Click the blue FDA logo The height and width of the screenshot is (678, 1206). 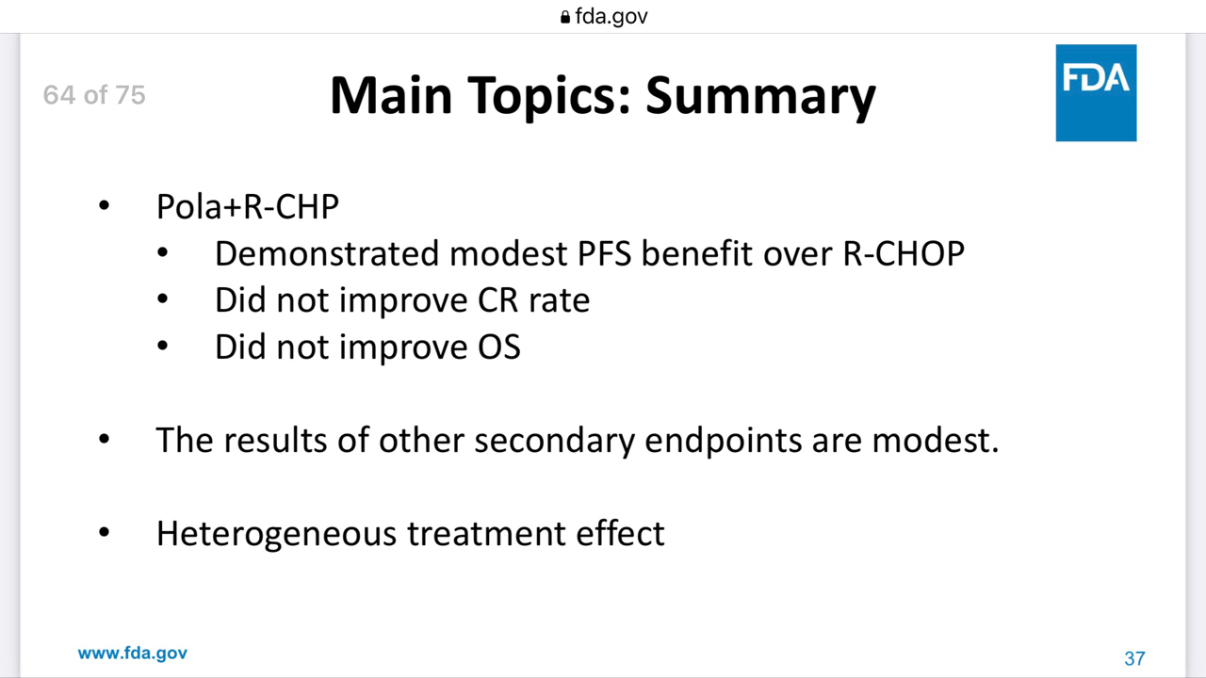[x=1096, y=93]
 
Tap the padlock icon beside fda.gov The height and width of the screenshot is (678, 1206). [x=564, y=17]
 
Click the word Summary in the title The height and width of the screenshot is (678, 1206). [x=760, y=97]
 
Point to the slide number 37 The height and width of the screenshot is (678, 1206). [x=1134, y=658]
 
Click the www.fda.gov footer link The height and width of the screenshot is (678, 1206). [x=133, y=654]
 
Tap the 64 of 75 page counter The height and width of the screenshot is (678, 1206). [x=94, y=95]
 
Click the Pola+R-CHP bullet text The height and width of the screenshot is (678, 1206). [x=248, y=206]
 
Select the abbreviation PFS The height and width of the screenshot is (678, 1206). [x=604, y=253]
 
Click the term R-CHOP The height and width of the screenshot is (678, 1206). [x=904, y=253]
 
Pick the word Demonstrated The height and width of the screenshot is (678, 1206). [x=327, y=253]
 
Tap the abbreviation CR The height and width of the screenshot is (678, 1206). [x=498, y=299]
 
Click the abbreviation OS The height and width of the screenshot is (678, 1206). [x=499, y=347]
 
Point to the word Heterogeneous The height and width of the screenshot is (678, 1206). [x=276, y=534]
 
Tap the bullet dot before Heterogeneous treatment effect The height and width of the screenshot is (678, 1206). [x=104, y=533]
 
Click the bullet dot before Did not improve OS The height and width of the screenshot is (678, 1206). [x=162, y=346]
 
